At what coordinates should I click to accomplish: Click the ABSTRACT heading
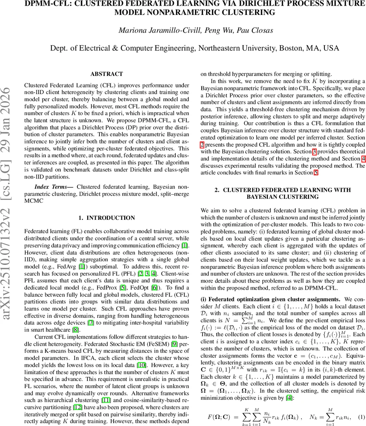pyautogui.click(x=106, y=74)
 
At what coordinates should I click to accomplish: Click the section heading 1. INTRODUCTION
pyautogui.click(x=106, y=218)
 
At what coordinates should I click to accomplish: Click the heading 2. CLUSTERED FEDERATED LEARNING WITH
pyautogui.click(x=283, y=190)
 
